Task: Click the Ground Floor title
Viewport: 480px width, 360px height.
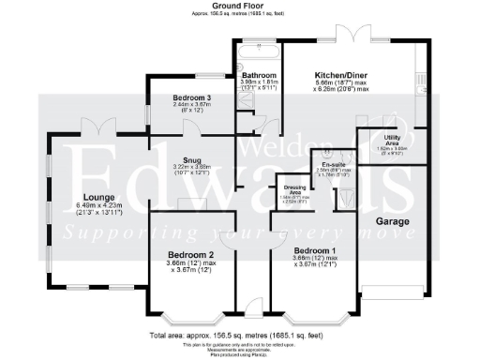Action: pyautogui.click(x=241, y=6)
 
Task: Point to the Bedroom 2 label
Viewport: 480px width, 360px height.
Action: pyautogui.click(x=192, y=254)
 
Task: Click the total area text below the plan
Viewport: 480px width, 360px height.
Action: pyautogui.click(x=241, y=334)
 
